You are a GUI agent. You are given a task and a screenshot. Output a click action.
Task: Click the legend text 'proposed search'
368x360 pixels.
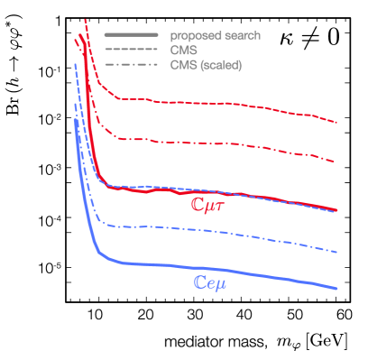pyautogui.click(x=216, y=35)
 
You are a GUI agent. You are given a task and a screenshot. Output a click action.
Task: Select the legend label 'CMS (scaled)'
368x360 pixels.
pyautogui.click(x=206, y=65)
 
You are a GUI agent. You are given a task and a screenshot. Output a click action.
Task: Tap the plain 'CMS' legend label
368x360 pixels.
pyautogui.click(x=183, y=51)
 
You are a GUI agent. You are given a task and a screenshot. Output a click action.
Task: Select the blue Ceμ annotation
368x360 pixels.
pyautogui.click(x=216, y=282)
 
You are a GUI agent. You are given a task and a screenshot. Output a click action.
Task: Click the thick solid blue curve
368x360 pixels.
pyautogui.click(x=225, y=270)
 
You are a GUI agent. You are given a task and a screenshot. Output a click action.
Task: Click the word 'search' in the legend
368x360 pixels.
pyautogui.click(x=243, y=35)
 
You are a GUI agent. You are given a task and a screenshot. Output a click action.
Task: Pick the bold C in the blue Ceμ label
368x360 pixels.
pyautogui.click(x=201, y=282)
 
